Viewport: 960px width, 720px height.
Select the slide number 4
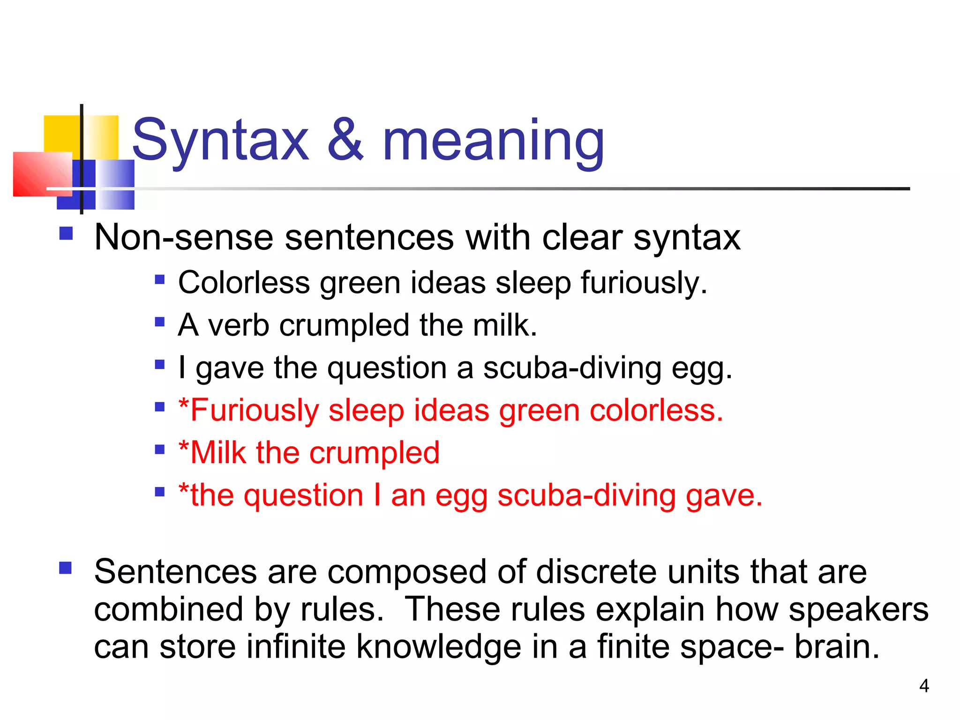pyautogui.click(x=924, y=686)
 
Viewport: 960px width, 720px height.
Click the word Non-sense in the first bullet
pyautogui.click(x=183, y=237)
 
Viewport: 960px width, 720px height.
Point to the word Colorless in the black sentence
pyautogui.click(x=244, y=283)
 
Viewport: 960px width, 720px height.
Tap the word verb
pyautogui.click(x=239, y=325)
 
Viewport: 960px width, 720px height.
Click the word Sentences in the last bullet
pyautogui.click(x=175, y=572)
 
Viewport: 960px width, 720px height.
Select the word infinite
pyautogui.click(x=296, y=647)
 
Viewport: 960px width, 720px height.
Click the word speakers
pyautogui.click(x=858, y=609)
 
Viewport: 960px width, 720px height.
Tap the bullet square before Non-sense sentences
pyautogui.click(x=66, y=233)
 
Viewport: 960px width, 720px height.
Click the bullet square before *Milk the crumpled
pyautogui.click(x=160, y=450)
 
